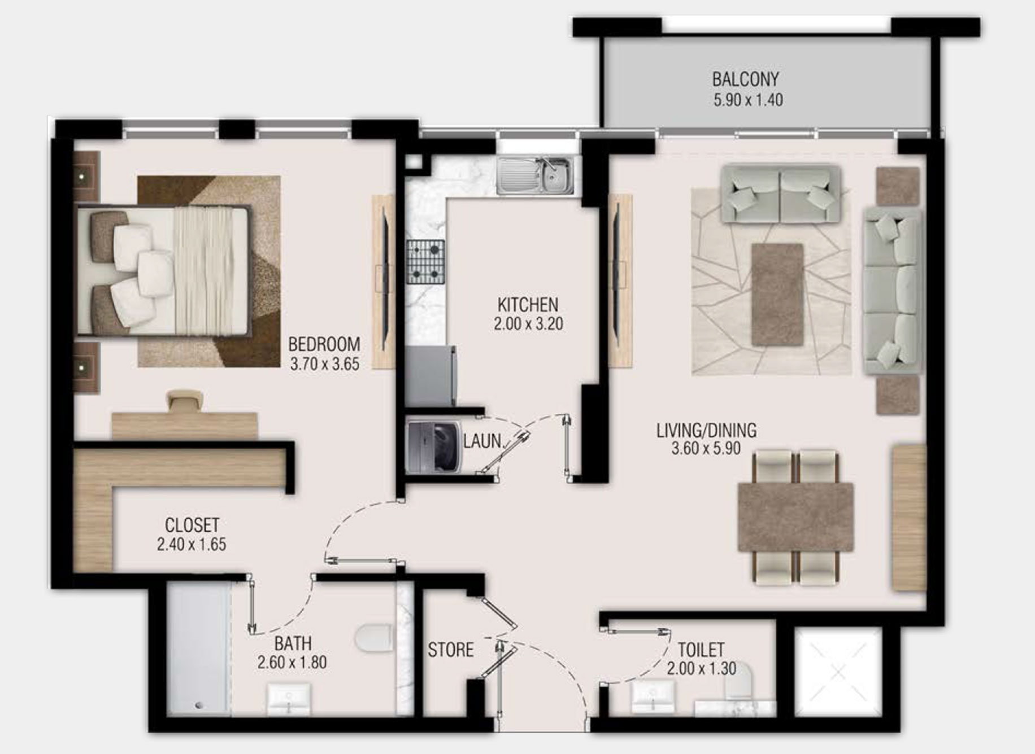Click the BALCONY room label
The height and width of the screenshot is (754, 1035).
point(745,79)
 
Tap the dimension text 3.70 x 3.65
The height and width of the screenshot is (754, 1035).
point(324,364)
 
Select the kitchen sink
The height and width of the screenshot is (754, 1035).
point(535,176)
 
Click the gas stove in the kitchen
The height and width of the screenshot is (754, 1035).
point(425,261)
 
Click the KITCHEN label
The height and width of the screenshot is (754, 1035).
point(528,305)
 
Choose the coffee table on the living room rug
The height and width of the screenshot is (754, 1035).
point(777,295)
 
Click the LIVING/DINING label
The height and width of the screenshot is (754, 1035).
point(706,431)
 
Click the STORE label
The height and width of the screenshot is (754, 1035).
point(450,650)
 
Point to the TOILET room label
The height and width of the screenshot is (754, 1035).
point(701,650)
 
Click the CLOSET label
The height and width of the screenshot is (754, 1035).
point(192,525)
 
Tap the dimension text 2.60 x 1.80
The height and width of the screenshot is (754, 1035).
point(292,662)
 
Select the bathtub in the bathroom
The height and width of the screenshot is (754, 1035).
point(199,649)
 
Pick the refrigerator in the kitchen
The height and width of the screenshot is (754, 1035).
point(430,375)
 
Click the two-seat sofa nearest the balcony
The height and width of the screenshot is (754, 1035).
point(780,195)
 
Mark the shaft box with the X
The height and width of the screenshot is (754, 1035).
point(838,672)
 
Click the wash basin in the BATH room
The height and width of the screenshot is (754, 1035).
point(289,699)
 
